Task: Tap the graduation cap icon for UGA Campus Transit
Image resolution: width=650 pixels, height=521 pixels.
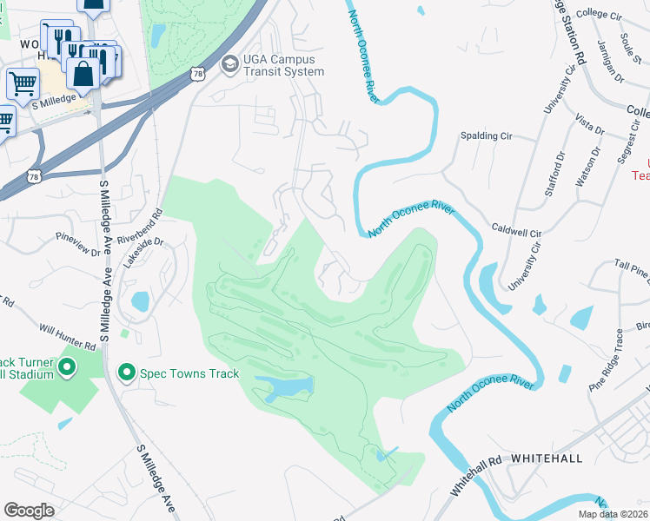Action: [x=229, y=63]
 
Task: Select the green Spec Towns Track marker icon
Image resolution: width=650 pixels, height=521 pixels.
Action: [x=126, y=373]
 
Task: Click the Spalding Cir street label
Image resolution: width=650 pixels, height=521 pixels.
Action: [x=487, y=136]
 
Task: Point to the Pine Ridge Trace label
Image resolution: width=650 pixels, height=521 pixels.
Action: [x=606, y=359]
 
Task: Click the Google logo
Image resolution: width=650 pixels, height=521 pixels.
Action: [x=29, y=510]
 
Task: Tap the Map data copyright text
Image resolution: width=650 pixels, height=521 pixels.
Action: [x=614, y=514]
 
